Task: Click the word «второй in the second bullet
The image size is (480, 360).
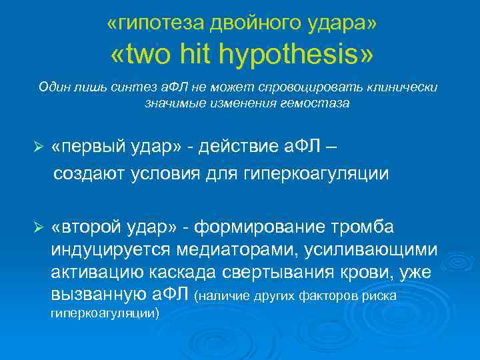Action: [85, 227]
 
